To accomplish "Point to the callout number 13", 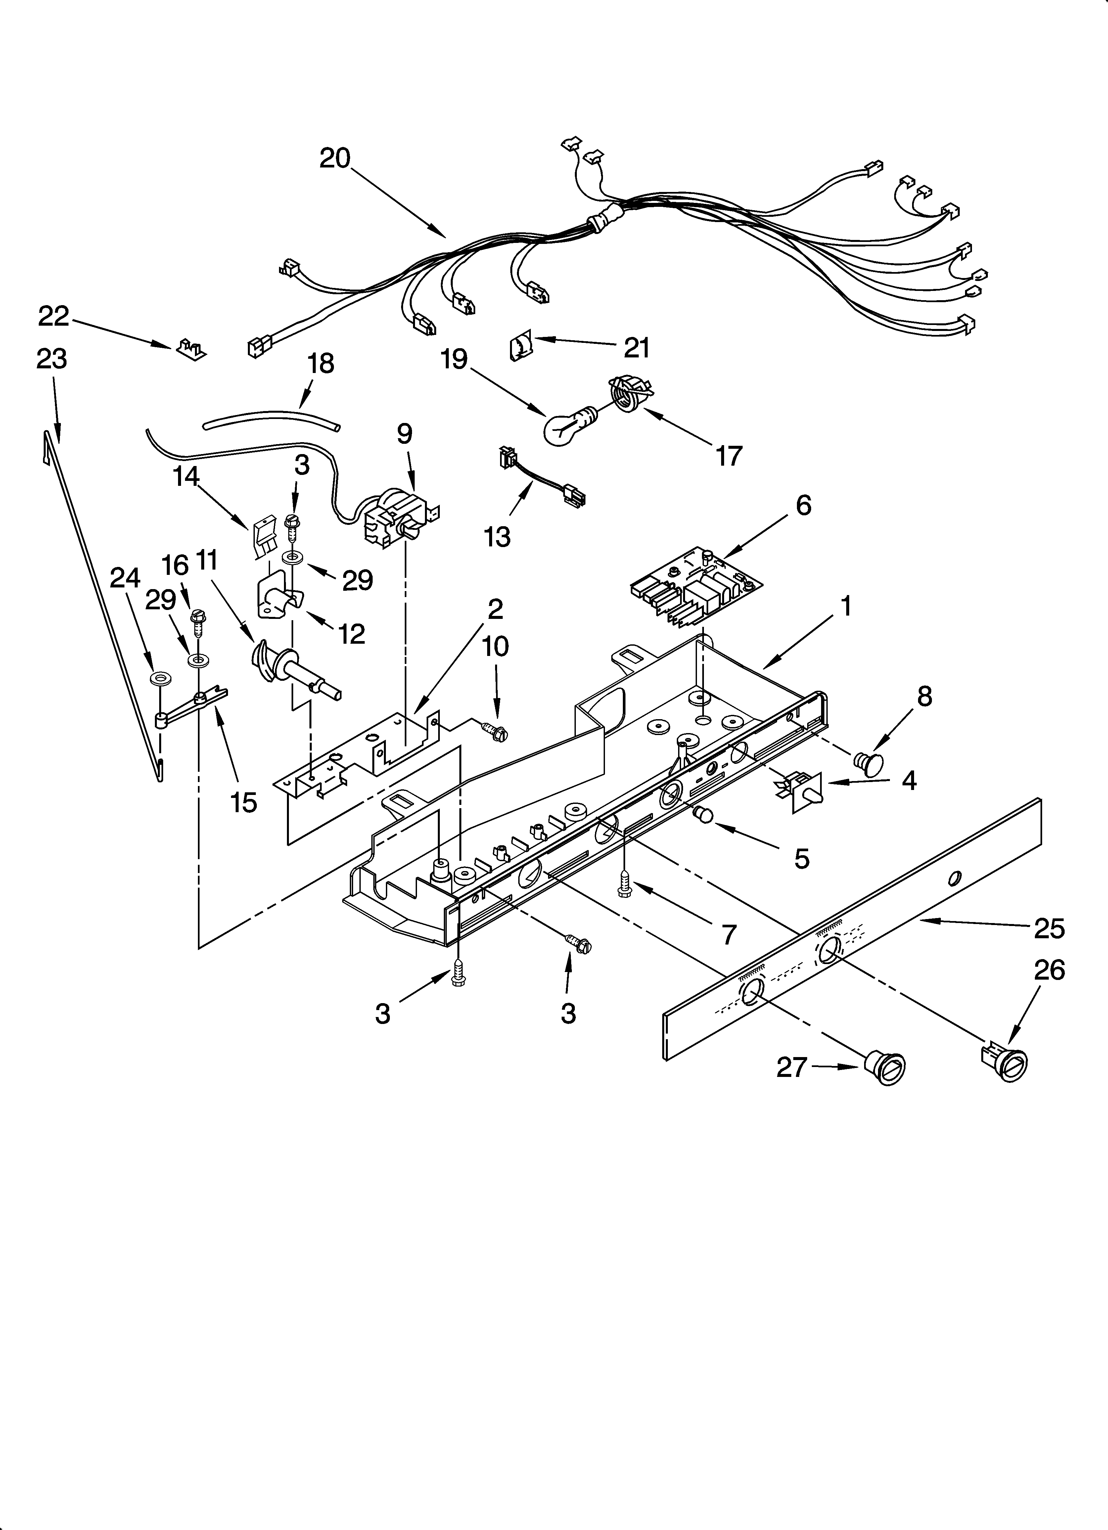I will [x=497, y=537].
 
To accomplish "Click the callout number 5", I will [x=801, y=859].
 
